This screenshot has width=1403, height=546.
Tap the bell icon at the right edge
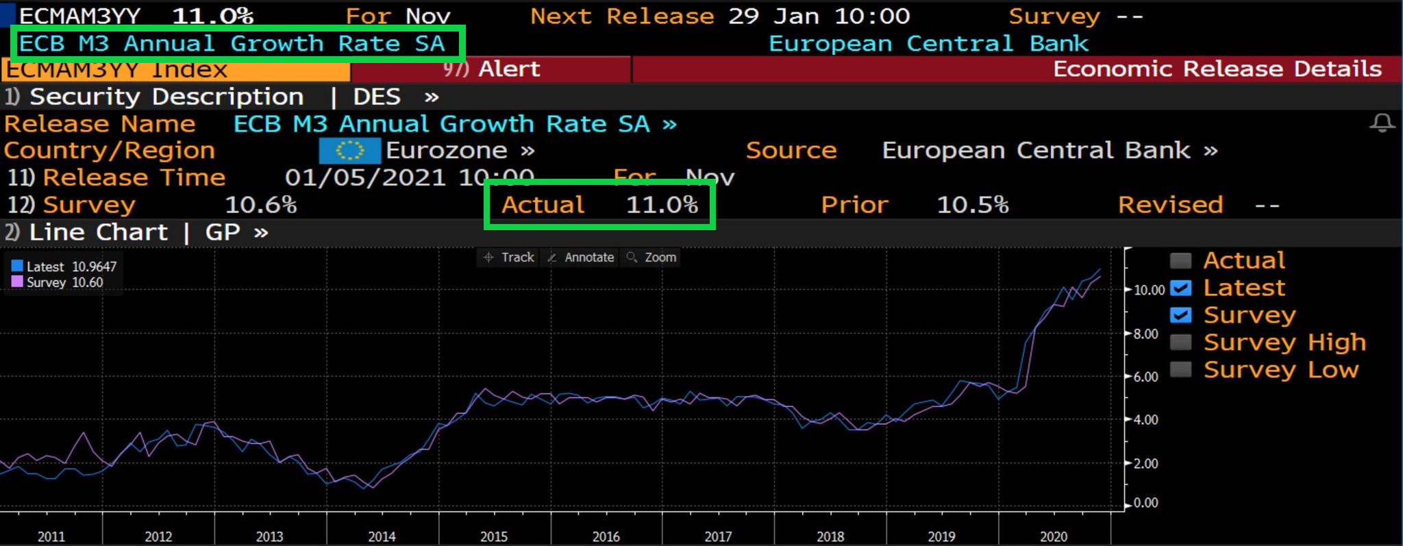[x=1382, y=123]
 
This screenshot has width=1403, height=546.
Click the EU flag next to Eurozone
[x=349, y=151]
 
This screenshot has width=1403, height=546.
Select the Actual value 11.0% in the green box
[x=662, y=205]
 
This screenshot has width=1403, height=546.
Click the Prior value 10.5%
[x=972, y=205]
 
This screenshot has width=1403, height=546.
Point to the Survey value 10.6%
[x=260, y=205]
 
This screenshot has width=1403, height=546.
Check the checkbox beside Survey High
[x=1180, y=342]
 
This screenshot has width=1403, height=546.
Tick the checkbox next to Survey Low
[x=1180, y=369]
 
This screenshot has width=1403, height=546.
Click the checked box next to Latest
[x=1180, y=288]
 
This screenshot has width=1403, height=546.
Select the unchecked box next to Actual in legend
[x=1180, y=260]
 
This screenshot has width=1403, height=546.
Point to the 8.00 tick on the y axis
[x=1145, y=334]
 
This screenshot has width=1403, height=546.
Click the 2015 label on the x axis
[x=494, y=536]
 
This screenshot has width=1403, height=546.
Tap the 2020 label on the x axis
[x=1054, y=536]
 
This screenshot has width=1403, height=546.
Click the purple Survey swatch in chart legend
[x=18, y=282]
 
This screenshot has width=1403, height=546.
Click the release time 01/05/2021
[x=365, y=178]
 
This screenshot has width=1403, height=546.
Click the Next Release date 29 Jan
[x=773, y=16]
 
